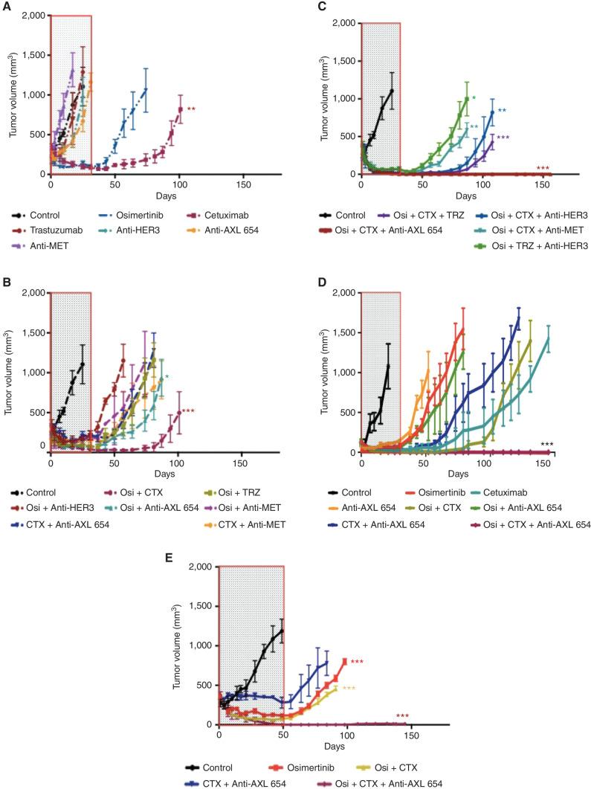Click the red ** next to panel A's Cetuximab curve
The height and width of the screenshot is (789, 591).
[x=191, y=110]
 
